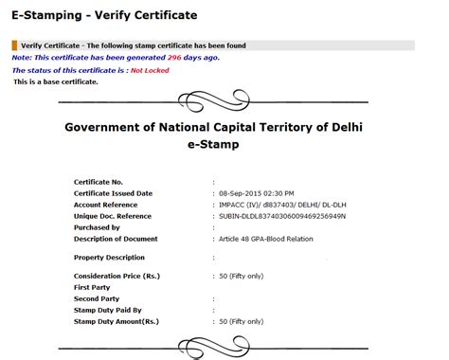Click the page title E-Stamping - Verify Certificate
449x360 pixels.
point(104,15)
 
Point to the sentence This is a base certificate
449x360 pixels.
point(56,81)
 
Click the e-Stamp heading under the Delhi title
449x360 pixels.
point(214,144)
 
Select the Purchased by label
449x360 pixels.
point(97,227)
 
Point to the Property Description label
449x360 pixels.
point(109,257)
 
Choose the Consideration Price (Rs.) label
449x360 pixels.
point(118,275)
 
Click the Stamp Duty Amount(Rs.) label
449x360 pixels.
point(116,321)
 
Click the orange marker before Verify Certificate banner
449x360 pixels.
point(14,45)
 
